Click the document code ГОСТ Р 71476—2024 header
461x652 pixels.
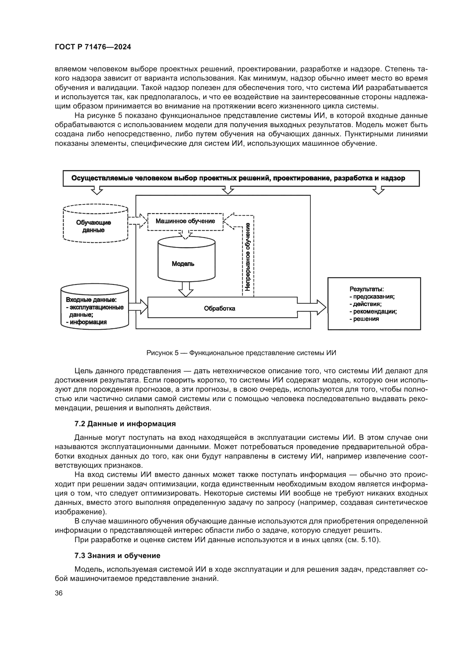point(93,47)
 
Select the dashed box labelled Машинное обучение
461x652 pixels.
point(185,222)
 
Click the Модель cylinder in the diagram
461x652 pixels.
point(186,261)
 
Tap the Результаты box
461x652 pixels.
point(374,304)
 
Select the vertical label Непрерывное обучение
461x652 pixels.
point(248,257)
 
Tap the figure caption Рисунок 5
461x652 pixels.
point(241,353)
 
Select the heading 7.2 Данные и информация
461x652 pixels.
point(125,424)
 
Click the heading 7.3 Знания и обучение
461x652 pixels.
point(117,556)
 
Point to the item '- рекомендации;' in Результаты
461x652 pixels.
point(373,312)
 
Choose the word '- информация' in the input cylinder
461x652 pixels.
point(86,322)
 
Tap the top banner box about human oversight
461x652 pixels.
point(241,178)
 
